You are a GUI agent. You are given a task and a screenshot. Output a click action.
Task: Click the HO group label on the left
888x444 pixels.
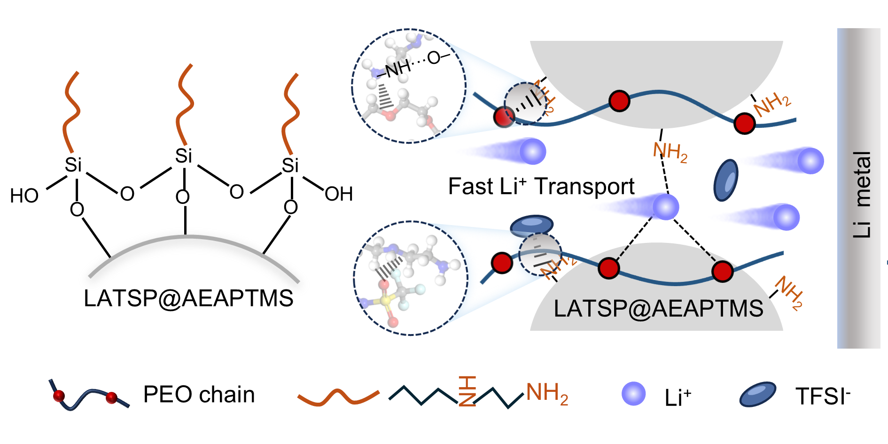click(24, 195)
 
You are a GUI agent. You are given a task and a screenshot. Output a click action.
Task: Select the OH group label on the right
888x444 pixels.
click(338, 194)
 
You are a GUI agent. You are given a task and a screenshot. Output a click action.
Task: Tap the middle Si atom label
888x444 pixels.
click(183, 156)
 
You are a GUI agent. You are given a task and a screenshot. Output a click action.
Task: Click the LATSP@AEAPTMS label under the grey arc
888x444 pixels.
click(188, 298)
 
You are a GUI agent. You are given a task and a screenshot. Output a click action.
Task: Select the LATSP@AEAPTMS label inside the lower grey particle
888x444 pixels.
click(658, 309)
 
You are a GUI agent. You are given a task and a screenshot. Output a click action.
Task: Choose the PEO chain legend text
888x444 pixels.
click(199, 394)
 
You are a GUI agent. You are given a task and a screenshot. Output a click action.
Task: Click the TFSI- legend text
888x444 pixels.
click(823, 396)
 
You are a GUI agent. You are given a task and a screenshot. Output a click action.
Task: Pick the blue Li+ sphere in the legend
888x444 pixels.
click(633, 394)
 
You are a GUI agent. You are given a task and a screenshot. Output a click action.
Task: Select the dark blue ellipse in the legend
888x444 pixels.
click(757, 394)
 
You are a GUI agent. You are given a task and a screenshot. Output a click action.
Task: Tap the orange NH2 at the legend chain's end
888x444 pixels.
click(547, 393)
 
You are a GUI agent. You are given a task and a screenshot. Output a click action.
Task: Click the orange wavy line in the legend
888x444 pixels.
click(338, 397)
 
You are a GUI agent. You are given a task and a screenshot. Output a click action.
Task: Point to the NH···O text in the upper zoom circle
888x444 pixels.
click(413, 63)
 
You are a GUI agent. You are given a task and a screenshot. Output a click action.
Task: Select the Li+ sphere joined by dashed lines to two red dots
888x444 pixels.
click(666, 206)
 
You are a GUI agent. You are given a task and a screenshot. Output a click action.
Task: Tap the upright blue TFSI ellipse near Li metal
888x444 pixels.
click(726, 180)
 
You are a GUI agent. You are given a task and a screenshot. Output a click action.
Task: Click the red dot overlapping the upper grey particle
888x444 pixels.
click(619, 101)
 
